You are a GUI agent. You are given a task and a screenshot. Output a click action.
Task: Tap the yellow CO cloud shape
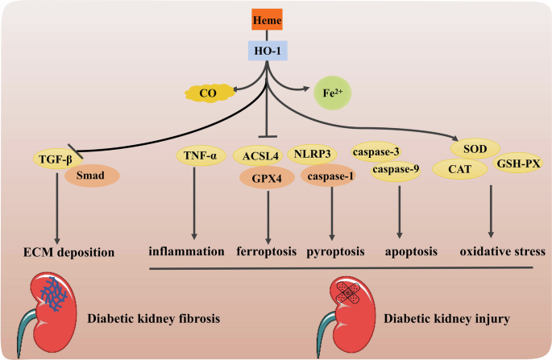coord(207,94)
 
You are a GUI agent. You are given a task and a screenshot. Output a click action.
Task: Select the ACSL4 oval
coord(256,155)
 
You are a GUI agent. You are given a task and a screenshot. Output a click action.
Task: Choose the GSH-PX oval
coord(517,164)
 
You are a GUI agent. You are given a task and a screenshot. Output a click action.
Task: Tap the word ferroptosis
coord(268,251)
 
